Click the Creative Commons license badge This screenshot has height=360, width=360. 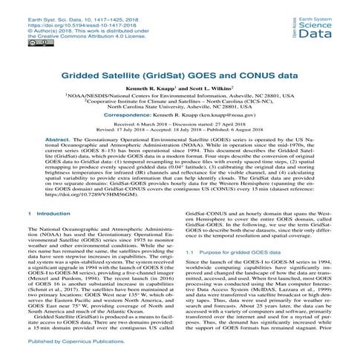tap(17, 43)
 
